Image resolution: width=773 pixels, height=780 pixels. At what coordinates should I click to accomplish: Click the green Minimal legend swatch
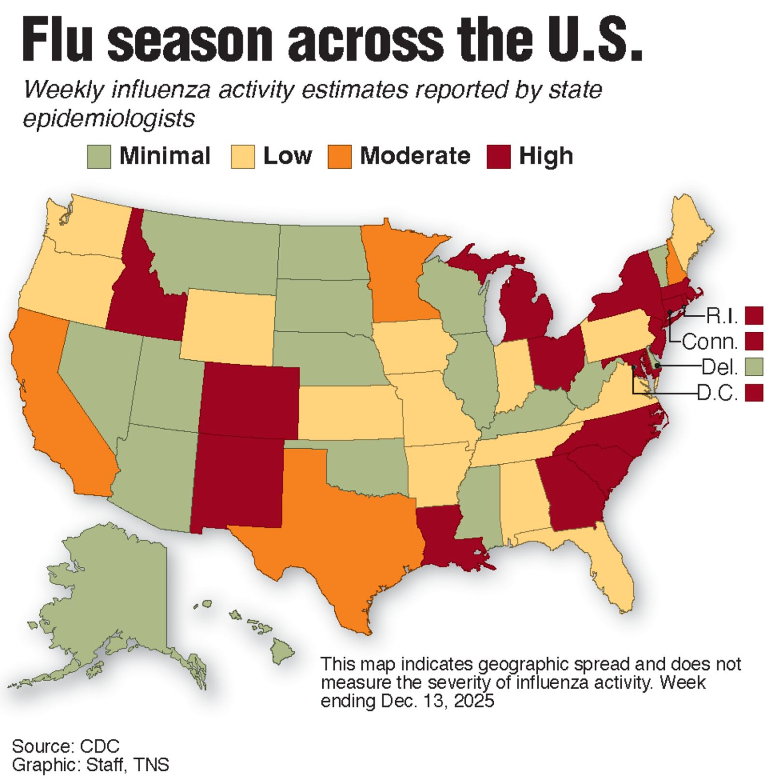99,157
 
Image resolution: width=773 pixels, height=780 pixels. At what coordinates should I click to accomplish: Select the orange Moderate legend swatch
339,157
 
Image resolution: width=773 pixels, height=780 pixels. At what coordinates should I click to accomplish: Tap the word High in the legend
546,156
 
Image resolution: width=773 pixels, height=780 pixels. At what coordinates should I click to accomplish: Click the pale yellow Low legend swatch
243,157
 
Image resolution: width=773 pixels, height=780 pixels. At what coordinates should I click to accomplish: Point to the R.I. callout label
722,316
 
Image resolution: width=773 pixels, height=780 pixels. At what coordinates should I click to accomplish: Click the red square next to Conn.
754,341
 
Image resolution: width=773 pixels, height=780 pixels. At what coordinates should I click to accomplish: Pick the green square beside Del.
754,367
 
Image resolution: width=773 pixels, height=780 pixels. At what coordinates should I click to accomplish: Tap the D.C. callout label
718,393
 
